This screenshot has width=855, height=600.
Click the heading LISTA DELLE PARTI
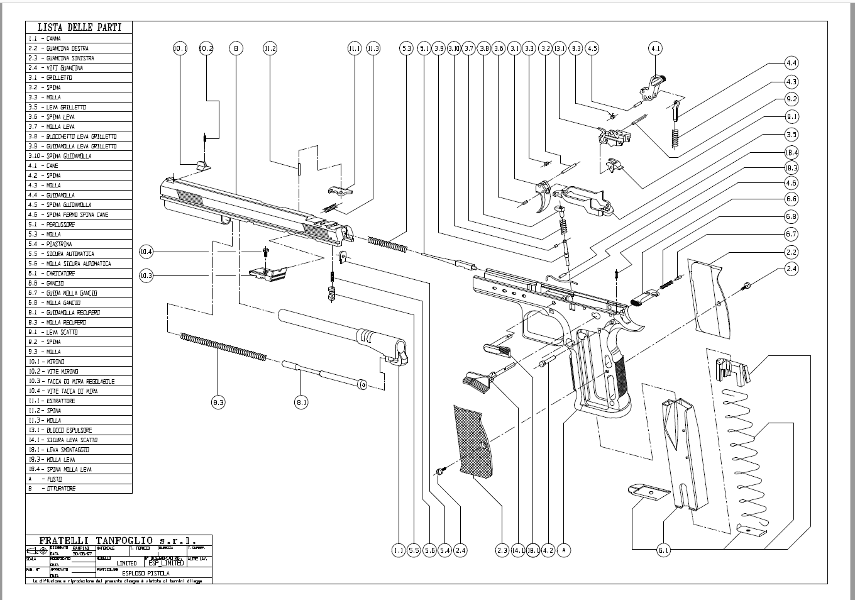[79, 27]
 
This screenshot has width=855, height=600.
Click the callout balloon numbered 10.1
[180, 48]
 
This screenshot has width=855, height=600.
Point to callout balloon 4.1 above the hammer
[656, 48]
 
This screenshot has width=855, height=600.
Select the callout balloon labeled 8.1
[302, 403]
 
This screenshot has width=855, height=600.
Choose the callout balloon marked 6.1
[664, 551]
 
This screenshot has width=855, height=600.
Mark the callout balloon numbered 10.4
[146, 252]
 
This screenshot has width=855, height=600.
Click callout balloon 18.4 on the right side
[792, 153]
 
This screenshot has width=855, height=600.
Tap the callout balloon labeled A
[565, 551]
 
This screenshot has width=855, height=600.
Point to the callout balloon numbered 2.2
[792, 252]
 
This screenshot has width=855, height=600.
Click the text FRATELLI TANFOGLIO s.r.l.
[118, 540]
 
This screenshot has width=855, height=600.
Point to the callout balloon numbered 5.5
[414, 551]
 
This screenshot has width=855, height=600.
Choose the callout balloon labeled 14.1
[517, 551]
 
